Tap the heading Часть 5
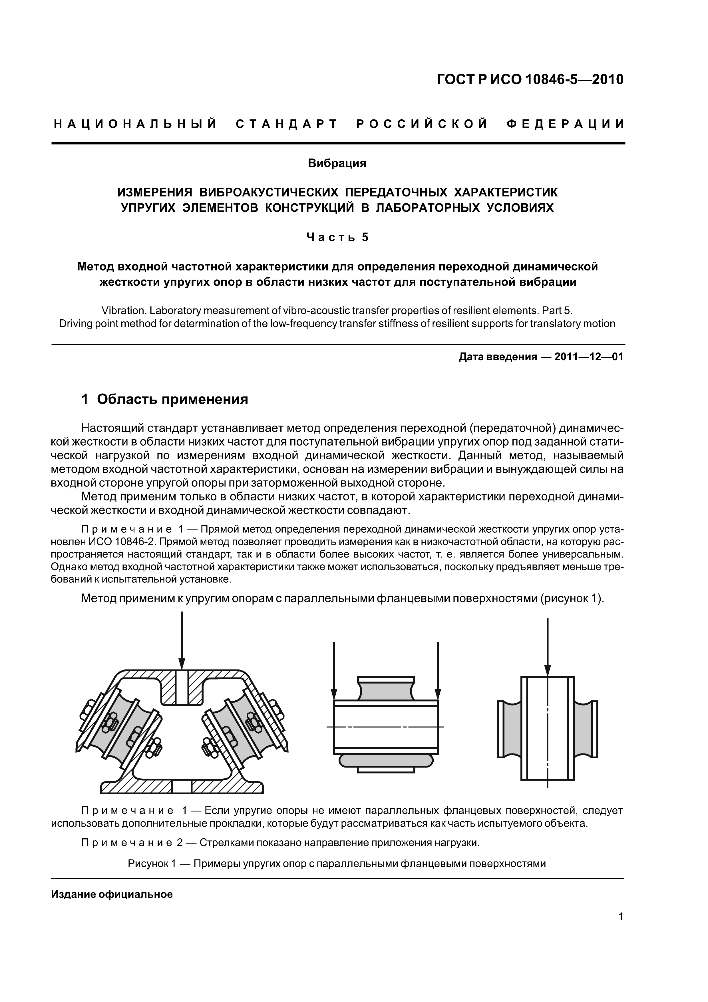pyautogui.click(x=337, y=237)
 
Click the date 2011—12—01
pyautogui.click(x=588, y=357)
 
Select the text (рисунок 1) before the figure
pyautogui.click(x=572, y=598)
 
